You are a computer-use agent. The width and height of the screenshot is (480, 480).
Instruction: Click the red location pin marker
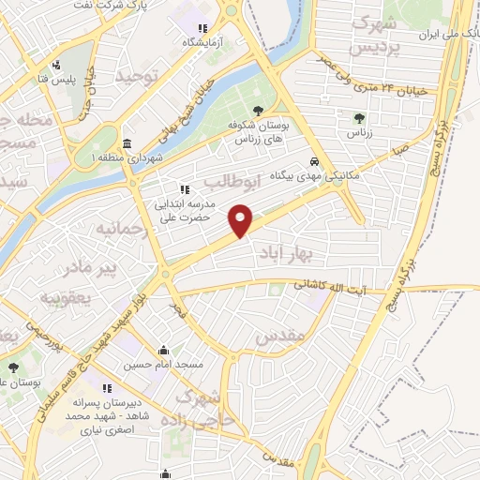[242, 220]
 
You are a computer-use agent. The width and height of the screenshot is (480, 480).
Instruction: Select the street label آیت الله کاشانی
[341, 286]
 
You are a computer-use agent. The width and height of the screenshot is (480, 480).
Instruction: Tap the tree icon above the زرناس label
[359, 117]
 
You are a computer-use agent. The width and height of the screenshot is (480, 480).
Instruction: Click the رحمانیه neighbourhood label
[125, 228]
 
